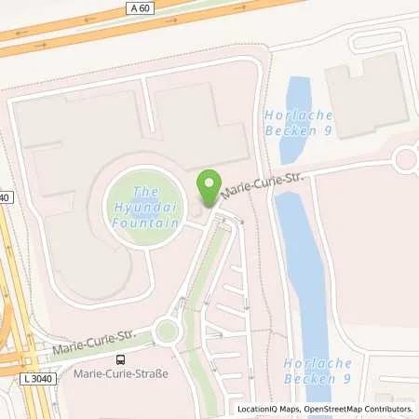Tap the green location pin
tap(209, 190)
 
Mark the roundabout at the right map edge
tap(407, 159)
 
